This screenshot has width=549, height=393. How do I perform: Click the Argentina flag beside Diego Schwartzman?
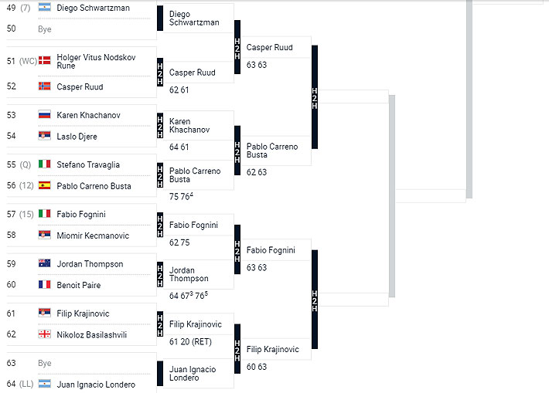tap(44, 8)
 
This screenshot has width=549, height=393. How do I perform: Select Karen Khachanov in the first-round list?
tap(88, 115)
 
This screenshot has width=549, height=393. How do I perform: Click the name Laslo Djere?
tap(78, 136)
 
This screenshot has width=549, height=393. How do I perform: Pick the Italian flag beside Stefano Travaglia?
tap(44, 164)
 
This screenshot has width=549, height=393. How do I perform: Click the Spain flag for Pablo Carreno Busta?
tap(44, 185)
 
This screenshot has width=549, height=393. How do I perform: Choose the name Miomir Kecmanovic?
tap(93, 235)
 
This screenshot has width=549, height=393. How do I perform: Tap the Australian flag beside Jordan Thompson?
tap(44, 264)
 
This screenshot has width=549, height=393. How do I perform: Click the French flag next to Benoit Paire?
tap(44, 285)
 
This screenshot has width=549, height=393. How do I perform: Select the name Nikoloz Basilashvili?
tap(91, 335)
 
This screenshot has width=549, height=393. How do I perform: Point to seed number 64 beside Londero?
tap(11, 385)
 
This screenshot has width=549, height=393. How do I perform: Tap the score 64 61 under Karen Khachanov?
tap(179, 147)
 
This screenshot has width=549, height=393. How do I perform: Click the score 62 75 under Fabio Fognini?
tap(179, 242)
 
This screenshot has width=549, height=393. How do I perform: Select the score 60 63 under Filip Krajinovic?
tap(257, 367)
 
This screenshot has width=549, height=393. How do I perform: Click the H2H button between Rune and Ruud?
tap(160, 73)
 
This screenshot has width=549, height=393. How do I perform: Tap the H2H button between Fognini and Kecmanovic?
tap(160, 225)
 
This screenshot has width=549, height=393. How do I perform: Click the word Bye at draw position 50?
tap(45, 29)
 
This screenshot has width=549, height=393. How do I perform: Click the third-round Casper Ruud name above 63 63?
tap(269, 48)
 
